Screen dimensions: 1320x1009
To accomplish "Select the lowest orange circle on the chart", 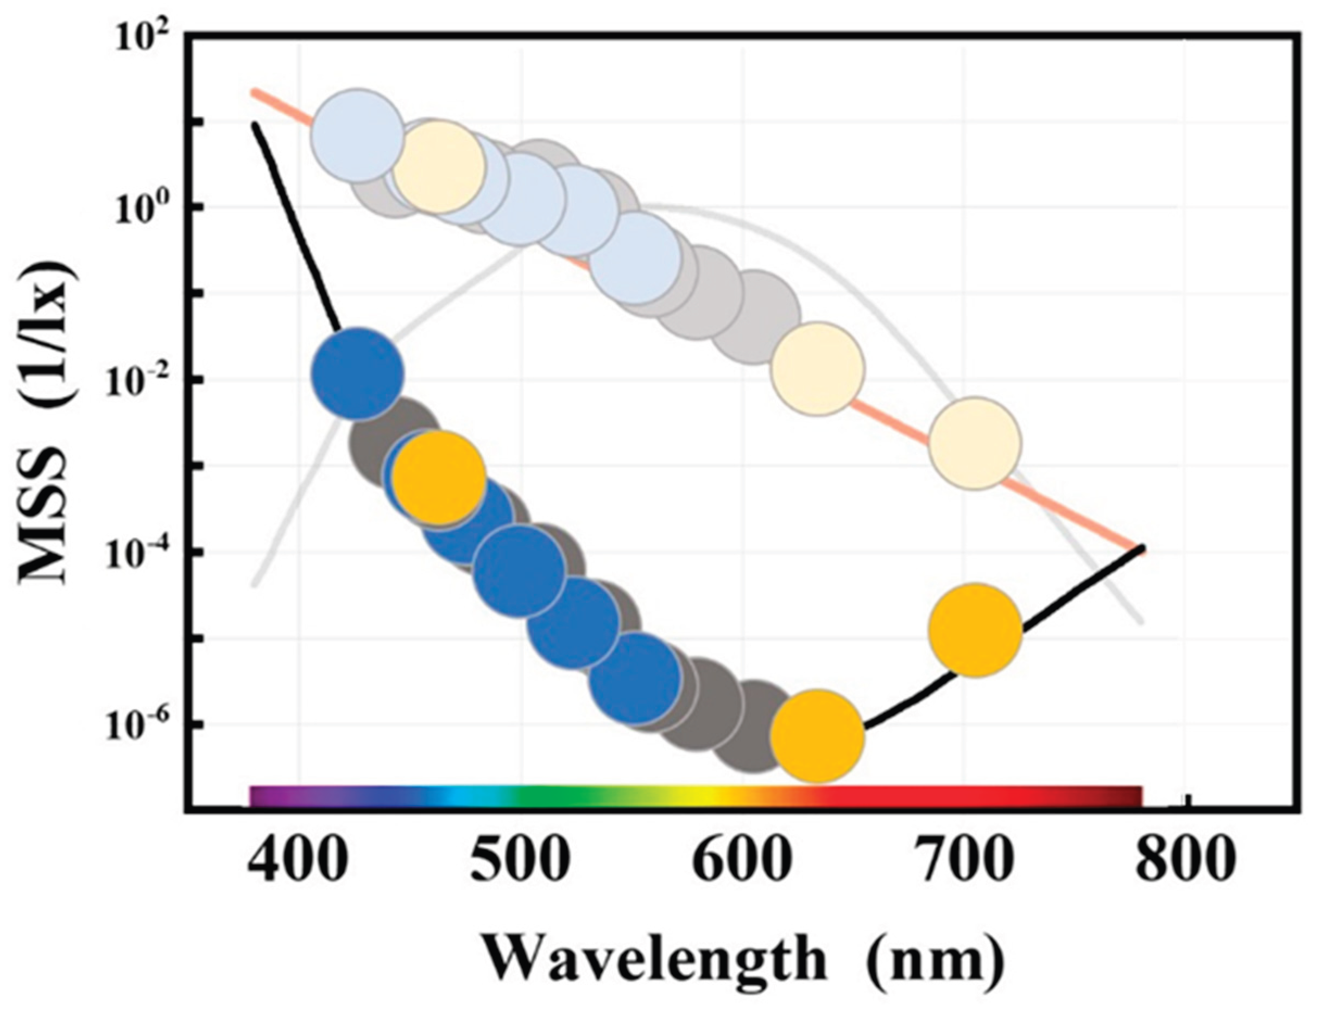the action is click(x=817, y=737).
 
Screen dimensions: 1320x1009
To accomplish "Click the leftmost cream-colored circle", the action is click(x=438, y=164).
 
